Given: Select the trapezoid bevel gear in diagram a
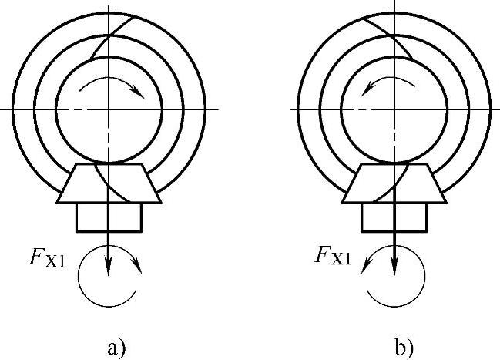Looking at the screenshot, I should pos(109,184).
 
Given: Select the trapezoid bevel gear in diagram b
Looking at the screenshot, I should pos(395,184).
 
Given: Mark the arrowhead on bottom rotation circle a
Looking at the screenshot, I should pos(139,267).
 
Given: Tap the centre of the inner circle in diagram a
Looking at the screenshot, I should pos(109,109).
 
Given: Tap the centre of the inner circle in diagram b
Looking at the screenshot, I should pos(395,109).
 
